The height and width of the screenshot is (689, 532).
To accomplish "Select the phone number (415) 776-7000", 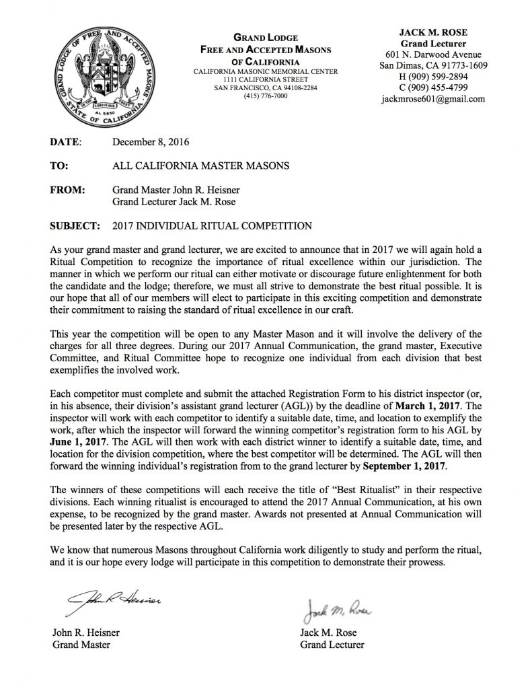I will coord(266,96).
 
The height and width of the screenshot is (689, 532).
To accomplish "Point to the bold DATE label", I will coord(66,143).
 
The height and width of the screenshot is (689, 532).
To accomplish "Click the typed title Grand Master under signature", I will coord(81,645).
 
